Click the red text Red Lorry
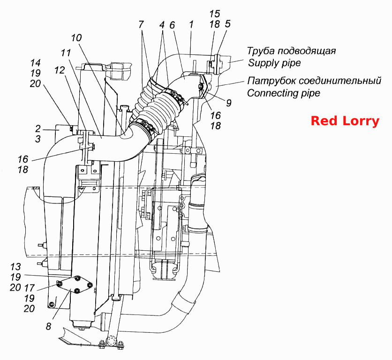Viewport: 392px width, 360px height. click(x=345, y=121)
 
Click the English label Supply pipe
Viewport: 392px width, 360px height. click(x=274, y=63)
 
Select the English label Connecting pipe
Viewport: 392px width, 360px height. click(x=284, y=93)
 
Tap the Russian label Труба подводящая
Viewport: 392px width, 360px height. click(x=291, y=51)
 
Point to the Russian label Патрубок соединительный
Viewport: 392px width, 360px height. click(x=314, y=81)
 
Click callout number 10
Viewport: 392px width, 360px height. click(x=76, y=38)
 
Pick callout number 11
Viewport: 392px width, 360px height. click(x=66, y=53)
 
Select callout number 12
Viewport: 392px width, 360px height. click(x=60, y=70)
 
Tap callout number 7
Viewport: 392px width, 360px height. click(x=141, y=24)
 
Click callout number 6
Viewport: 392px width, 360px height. click(x=172, y=25)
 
